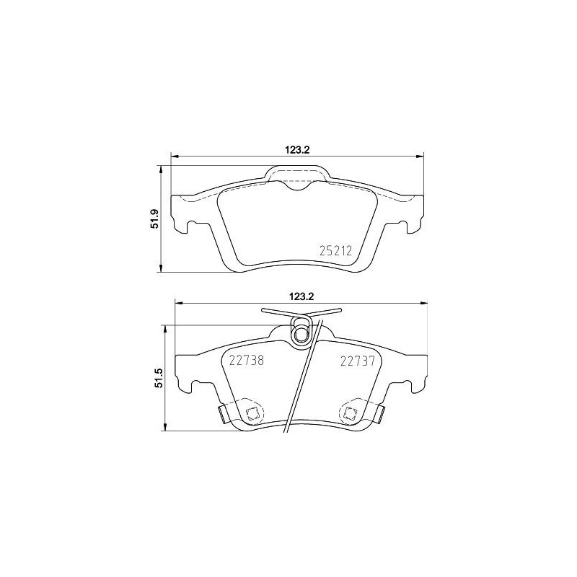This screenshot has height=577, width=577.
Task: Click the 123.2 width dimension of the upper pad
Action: coord(297,150)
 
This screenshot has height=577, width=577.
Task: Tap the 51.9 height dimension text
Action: coord(154,219)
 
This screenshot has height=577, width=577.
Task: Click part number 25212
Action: coord(335,252)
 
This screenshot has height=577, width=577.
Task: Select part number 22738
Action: coord(246,362)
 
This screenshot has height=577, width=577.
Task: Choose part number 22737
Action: coord(357,362)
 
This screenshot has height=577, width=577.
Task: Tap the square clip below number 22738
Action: coord(252,413)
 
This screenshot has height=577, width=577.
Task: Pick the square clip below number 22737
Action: coord(350,413)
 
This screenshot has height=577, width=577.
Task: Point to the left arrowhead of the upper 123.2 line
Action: coord(174,157)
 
